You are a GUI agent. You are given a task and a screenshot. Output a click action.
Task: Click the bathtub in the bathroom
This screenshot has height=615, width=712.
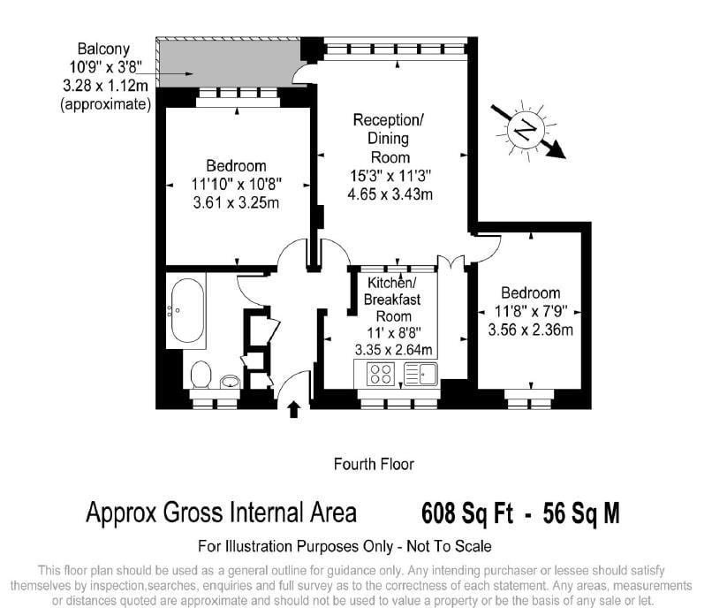(x=187, y=311)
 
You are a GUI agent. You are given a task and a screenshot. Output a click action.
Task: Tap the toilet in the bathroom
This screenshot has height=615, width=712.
(x=201, y=375)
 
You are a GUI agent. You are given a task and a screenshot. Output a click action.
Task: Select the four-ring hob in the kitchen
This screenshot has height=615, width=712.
(x=380, y=375)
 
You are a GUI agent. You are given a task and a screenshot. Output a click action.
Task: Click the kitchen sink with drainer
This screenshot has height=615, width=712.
(x=420, y=374)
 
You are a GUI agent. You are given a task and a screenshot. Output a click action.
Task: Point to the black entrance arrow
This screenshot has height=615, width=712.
(x=294, y=409)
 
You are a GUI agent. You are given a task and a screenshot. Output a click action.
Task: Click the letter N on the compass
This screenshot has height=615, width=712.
(x=526, y=131)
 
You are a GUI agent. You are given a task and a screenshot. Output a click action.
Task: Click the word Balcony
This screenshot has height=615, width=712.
(x=103, y=49)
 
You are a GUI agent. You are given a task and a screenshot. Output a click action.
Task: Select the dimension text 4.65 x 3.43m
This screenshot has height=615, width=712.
(x=390, y=194)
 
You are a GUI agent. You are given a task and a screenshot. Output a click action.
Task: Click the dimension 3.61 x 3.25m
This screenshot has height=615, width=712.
(x=236, y=202)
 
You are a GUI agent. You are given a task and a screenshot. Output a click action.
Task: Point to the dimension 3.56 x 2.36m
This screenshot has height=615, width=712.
(x=530, y=330)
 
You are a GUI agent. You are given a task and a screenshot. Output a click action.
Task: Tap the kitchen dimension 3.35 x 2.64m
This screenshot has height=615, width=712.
(x=393, y=350)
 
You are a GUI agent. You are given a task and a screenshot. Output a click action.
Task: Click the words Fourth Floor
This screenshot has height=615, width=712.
(x=374, y=464)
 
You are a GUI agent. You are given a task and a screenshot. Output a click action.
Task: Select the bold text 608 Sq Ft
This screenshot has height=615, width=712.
(x=467, y=513)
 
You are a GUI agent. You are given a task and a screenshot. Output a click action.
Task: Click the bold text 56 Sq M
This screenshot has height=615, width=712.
(x=580, y=513)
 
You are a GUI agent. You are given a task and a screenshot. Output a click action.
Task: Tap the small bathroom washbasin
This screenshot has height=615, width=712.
(x=231, y=382)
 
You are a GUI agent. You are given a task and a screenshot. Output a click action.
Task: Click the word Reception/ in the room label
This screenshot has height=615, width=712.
(x=388, y=120)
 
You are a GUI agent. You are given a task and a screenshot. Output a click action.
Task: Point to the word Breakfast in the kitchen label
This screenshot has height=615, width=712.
(x=392, y=300)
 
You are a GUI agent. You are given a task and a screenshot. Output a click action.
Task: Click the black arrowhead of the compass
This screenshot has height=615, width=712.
(x=556, y=150)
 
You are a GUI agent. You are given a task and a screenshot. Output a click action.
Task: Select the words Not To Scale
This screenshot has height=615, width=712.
(x=449, y=546)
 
